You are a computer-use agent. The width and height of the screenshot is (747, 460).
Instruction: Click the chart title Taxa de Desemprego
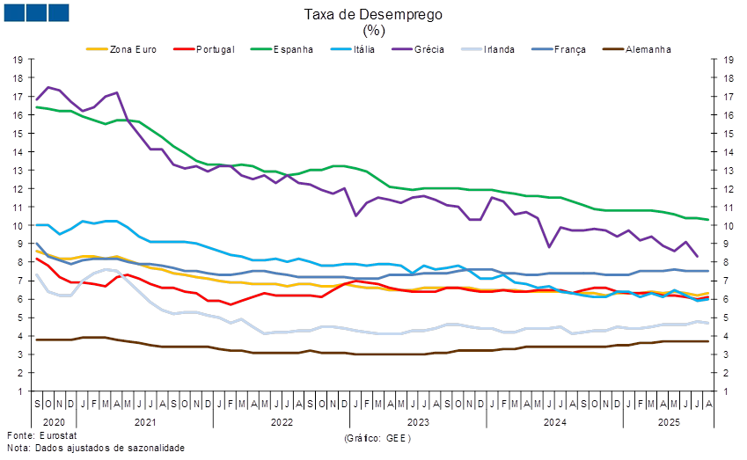coord(373,14)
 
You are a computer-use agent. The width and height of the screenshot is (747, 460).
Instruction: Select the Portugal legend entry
coord(215,49)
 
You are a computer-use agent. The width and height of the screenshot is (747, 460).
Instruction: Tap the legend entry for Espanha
coord(293,49)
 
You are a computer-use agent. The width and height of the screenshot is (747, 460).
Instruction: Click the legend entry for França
coord(569,49)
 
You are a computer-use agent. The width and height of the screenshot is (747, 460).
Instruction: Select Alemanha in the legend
coord(647,49)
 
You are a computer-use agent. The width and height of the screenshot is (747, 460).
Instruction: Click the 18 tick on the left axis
coord(18,77)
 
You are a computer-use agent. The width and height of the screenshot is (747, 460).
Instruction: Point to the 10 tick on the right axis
coord(729,225)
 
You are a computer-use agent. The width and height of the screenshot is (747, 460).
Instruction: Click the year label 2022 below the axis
coord(282,422)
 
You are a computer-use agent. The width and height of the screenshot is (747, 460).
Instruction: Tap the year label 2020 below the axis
coord(49,422)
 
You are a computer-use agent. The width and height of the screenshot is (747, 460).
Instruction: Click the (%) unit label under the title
coord(373,30)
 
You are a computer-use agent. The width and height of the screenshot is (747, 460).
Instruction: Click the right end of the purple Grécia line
coord(698,256)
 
